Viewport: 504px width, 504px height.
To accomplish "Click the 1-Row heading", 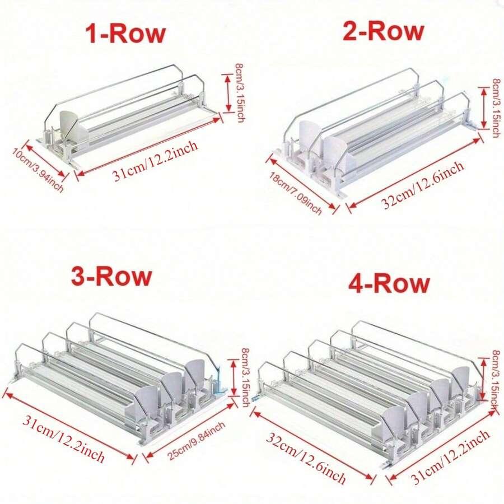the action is (125, 34).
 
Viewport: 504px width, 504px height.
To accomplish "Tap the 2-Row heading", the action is (383, 31).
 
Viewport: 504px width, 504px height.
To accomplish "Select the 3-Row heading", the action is (111, 276).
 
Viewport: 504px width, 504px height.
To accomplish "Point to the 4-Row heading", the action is (389, 283).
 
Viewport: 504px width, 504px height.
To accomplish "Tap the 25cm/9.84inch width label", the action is (197, 441).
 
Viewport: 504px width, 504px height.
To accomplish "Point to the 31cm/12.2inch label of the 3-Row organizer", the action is (63, 438).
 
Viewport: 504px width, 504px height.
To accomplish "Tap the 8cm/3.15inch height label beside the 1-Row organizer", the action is (240, 92).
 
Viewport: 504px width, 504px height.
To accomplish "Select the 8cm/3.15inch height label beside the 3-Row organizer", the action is (246, 377).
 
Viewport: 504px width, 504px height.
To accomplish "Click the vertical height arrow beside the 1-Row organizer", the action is (228, 93).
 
